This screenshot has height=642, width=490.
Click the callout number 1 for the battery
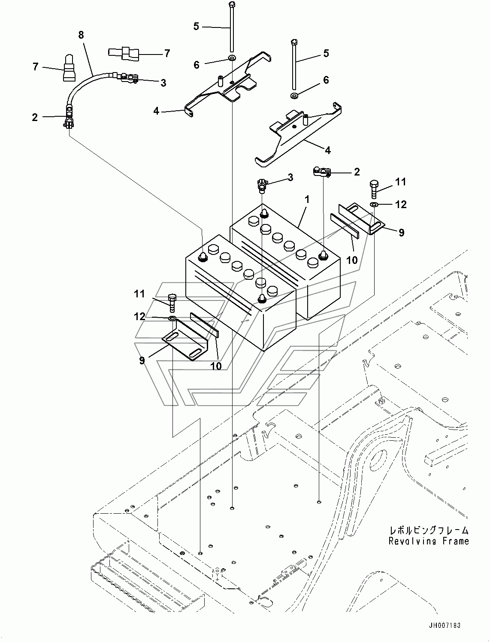[307, 200]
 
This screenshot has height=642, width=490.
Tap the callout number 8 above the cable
[81, 35]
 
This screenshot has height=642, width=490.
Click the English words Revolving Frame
[428, 541]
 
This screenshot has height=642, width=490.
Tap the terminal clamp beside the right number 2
[322, 172]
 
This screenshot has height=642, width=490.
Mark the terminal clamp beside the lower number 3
[262, 185]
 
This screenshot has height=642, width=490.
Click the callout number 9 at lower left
[142, 360]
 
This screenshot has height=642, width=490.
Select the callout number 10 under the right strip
[352, 260]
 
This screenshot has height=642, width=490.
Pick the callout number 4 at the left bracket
[156, 111]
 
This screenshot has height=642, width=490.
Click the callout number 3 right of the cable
[163, 83]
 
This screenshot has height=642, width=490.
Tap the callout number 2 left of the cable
[35, 117]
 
